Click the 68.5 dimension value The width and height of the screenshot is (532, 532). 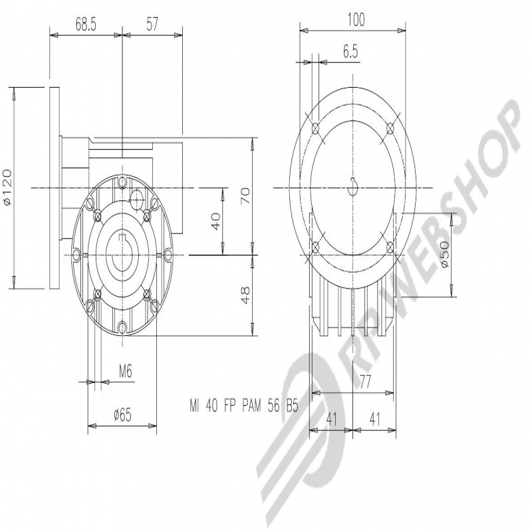point(86,25)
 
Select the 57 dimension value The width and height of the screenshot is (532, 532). point(152,25)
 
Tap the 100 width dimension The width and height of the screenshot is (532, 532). point(356,20)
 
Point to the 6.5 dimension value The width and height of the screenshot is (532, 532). point(350,52)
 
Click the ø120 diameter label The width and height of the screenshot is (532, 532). point(7,187)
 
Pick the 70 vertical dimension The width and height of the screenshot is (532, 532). point(245,196)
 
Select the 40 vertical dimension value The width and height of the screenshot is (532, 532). point(215,221)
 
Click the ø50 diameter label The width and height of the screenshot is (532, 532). point(445,254)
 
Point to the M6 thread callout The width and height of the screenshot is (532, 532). point(125,372)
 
